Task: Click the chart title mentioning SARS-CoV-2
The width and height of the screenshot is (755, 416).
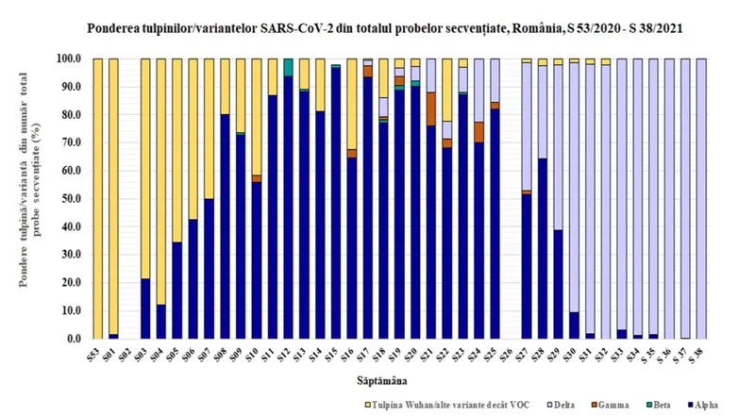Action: pyautogui.click(x=378, y=29)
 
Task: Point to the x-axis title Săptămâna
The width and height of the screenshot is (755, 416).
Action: pyautogui.click(x=389, y=380)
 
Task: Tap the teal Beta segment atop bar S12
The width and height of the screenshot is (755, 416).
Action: pyautogui.click(x=288, y=67)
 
